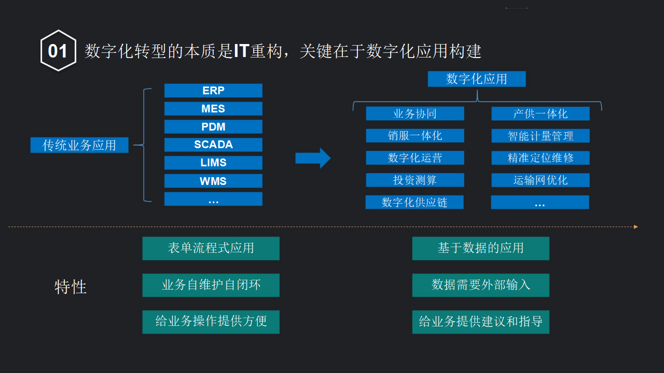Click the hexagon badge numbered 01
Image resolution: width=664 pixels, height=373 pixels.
[58, 51]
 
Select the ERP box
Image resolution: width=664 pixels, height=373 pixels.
[213, 91]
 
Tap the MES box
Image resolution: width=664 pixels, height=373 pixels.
[213, 109]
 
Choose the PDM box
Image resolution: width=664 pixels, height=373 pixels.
[213, 127]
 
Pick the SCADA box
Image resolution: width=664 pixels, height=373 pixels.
[213, 145]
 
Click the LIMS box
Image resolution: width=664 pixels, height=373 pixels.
[213, 163]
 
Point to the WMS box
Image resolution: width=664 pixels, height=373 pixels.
[213, 181]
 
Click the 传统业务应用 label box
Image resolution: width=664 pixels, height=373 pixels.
[79, 145]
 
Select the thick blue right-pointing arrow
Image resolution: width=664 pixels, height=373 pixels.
[313, 158]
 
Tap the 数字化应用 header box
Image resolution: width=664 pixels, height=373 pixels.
[476, 79]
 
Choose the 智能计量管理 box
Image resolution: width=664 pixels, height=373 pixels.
[540, 136]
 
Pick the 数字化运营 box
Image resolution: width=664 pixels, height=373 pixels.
[414, 158]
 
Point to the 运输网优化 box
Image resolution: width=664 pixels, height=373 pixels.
[540, 180]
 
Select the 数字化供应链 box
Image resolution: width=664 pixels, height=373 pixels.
[414, 202]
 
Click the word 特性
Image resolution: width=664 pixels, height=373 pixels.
[71, 286]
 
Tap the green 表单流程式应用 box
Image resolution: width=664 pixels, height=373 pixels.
[211, 248]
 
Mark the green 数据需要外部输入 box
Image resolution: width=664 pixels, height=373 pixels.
[480, 285]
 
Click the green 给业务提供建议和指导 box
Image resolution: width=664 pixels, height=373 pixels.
[480, 322]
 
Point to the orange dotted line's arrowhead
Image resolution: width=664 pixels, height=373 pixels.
[636, 226]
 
